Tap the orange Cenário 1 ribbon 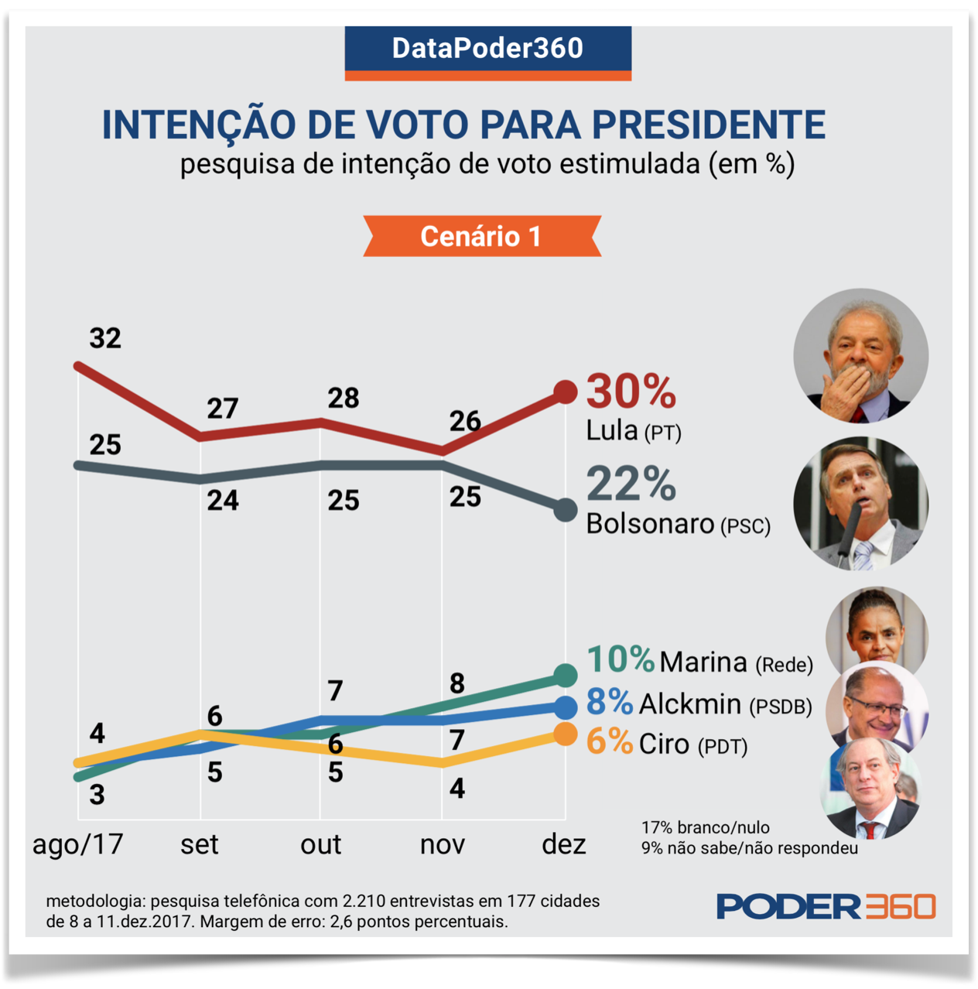point(481,236)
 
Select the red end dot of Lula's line point(566,392)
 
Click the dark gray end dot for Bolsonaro point(566,510)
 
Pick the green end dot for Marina point(566,676)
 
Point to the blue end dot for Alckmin point(566,706)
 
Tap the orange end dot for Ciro point(566,734)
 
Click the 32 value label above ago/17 point(105,338)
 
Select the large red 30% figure point(631,391)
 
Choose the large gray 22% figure point(631,484)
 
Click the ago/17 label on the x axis point(77,844)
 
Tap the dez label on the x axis point(563,844)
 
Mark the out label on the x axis point(320,844)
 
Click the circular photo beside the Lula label point(860,356)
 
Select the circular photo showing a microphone point(860,504)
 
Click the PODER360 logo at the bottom point(826,906)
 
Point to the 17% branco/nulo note point(705,827)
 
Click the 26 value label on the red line point(465,421)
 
